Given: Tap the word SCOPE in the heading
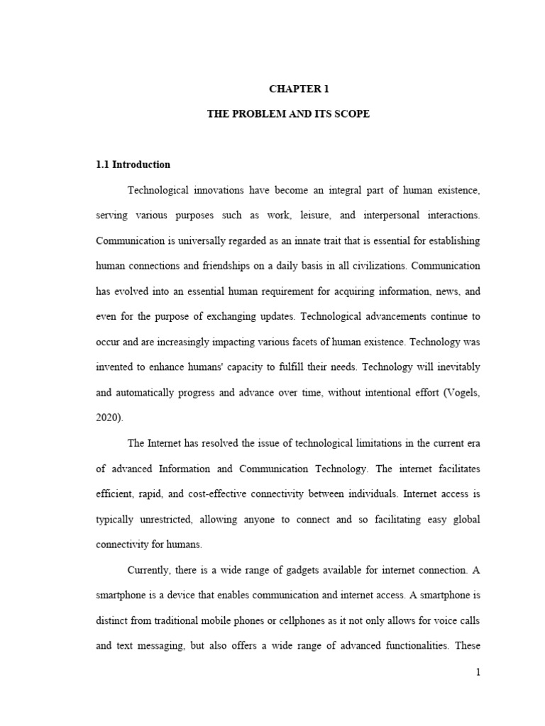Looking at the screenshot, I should point(353,113).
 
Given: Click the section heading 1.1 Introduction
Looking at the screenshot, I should point(133,164).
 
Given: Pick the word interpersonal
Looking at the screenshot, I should point(385,215).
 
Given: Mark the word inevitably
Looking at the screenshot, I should point(453,367).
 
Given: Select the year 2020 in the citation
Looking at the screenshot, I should point(107,418).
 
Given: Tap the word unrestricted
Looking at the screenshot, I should point(165,520).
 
